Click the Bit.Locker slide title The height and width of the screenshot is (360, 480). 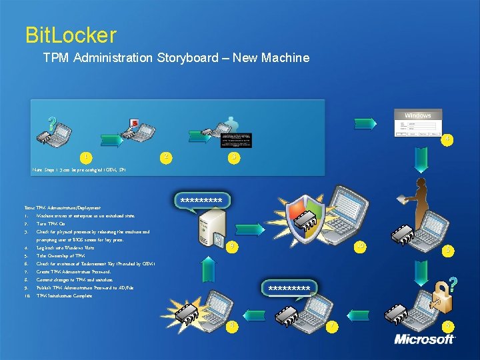[x=70, y=35]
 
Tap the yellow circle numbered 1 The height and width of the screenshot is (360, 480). [x=86, y=157]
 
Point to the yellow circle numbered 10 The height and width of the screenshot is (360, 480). [x=361, y=246]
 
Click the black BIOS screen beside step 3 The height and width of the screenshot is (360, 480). [x=236, y=139]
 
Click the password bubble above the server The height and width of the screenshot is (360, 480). [x=201, y=199]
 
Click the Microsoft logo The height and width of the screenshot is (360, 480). [x=424, y=339]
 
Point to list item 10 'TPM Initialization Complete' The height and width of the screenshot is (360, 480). [x=64, y=295]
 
